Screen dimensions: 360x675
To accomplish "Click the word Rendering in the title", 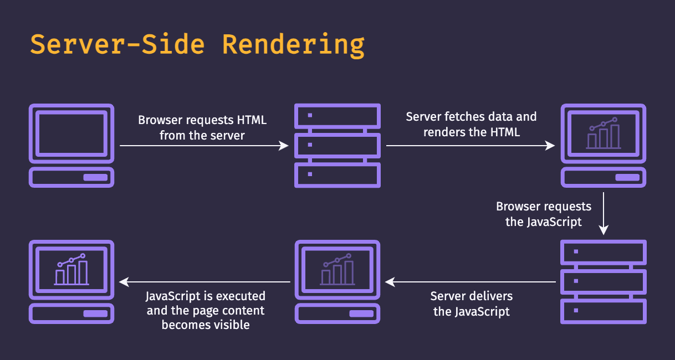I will coord(293,44).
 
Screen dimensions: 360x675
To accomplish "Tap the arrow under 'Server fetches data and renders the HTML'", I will coord(471,146).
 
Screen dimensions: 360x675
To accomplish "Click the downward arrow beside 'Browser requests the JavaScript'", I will coord(604,213).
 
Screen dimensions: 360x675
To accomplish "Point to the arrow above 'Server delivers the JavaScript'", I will coord(471,282).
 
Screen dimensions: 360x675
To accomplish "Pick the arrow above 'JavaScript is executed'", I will coord(205,282).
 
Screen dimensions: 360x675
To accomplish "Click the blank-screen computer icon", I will coord(71,133).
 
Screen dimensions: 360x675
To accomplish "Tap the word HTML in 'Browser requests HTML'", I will coord(252,120).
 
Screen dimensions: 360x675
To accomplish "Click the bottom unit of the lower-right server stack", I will coord(604,311).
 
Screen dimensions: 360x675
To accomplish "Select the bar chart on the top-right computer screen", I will coord(603,135).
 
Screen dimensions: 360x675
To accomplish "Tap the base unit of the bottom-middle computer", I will coord(337,313).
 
